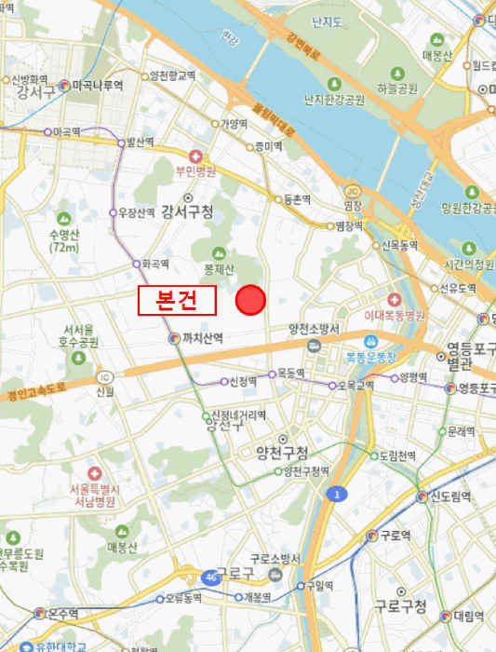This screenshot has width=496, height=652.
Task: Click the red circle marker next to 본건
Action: pyautogui.click(x=250, y=301)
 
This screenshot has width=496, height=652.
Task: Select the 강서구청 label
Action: pyautogui.click(x=186, y=211)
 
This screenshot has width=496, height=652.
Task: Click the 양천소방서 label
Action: pyautogui.click(x=315, y=329)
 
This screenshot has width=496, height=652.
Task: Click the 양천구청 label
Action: pyautogui.click(x=282, y=453)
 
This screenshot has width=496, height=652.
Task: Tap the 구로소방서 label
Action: pyautogui.click(x=278, y=558)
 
